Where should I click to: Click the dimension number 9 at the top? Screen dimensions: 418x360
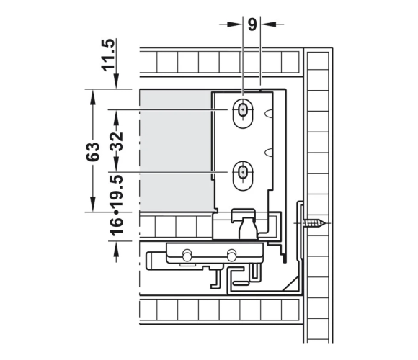point(252,24)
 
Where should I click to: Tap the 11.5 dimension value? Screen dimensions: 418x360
point(109,55)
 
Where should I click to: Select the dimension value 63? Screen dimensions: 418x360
point(93,152)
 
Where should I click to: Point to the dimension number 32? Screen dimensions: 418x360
point(117,141)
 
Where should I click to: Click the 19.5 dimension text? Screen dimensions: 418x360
point(117,191)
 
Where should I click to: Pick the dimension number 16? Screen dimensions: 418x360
point(117,227)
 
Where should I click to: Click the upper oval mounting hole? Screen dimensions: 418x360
point(243,114)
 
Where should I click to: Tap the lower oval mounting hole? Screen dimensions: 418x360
point(243,176)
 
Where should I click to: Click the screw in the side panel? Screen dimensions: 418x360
point(314,223)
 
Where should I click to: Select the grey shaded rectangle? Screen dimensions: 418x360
point(177,150)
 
